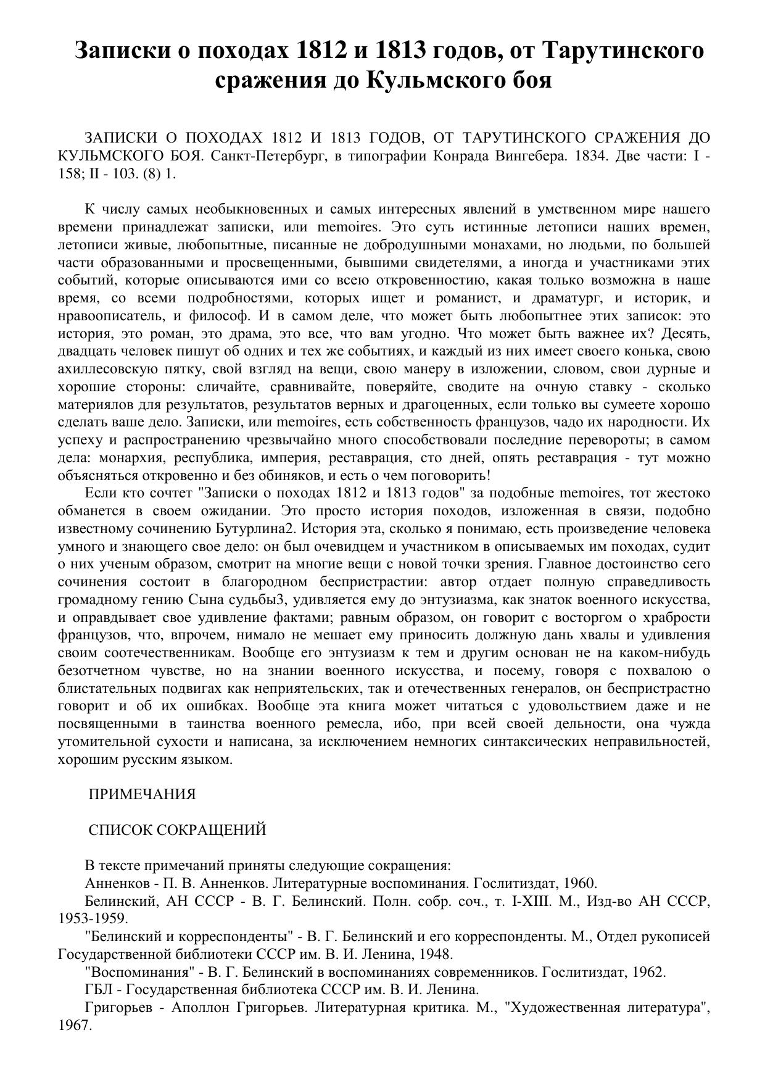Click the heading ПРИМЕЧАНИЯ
(x=142, y=795)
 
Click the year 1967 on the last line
(x=74, y=1026)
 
